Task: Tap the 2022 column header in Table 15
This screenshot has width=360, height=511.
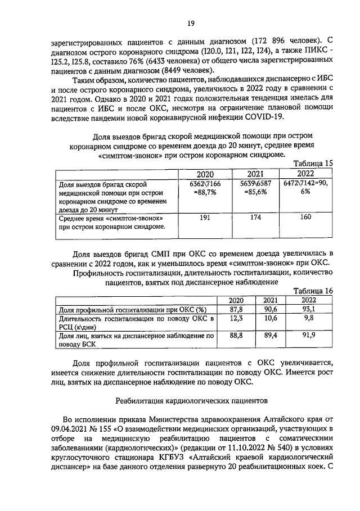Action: (305, 174)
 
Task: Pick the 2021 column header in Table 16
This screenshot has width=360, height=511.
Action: (271, 300)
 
